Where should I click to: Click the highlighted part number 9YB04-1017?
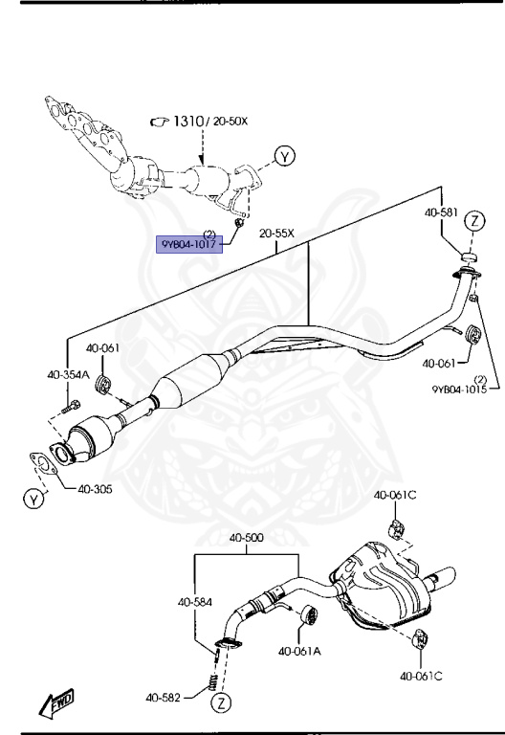[188, 243]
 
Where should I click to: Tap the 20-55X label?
[276, 233]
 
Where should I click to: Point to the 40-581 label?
[443, 212]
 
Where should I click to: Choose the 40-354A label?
[70, 374]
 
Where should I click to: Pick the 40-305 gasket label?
[97, 489]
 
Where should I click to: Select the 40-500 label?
[246, 537]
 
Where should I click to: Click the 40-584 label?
[194, 602]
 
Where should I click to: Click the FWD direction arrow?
[56, 703]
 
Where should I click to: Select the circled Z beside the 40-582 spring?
[221, 703]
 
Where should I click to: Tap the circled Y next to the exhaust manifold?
[284, 155]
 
